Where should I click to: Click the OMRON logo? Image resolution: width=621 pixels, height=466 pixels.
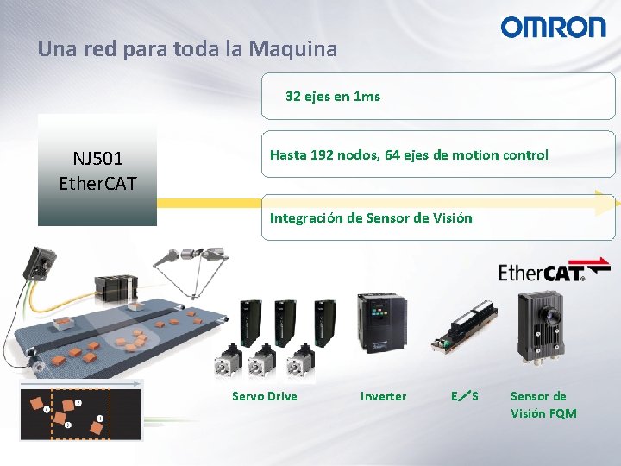[554, 28]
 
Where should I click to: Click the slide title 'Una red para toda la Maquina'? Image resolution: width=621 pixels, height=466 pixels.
[187, 49]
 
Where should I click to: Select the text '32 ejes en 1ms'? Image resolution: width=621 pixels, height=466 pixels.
[332, 97]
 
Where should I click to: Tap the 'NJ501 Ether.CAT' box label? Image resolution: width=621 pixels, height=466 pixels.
[97, 171]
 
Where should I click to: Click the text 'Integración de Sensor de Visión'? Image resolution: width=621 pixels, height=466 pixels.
[371, 217]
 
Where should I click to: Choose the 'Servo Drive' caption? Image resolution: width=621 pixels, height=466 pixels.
[264, 396]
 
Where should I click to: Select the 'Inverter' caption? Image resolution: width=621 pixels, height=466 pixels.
[383, 396]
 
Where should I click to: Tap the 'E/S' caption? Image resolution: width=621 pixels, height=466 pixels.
[464, 396]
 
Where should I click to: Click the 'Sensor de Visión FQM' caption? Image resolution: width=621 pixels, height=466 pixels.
[543, 405]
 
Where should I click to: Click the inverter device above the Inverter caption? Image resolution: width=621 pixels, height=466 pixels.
[379, 322]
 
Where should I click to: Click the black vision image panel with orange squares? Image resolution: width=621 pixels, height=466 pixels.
[80, 414]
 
